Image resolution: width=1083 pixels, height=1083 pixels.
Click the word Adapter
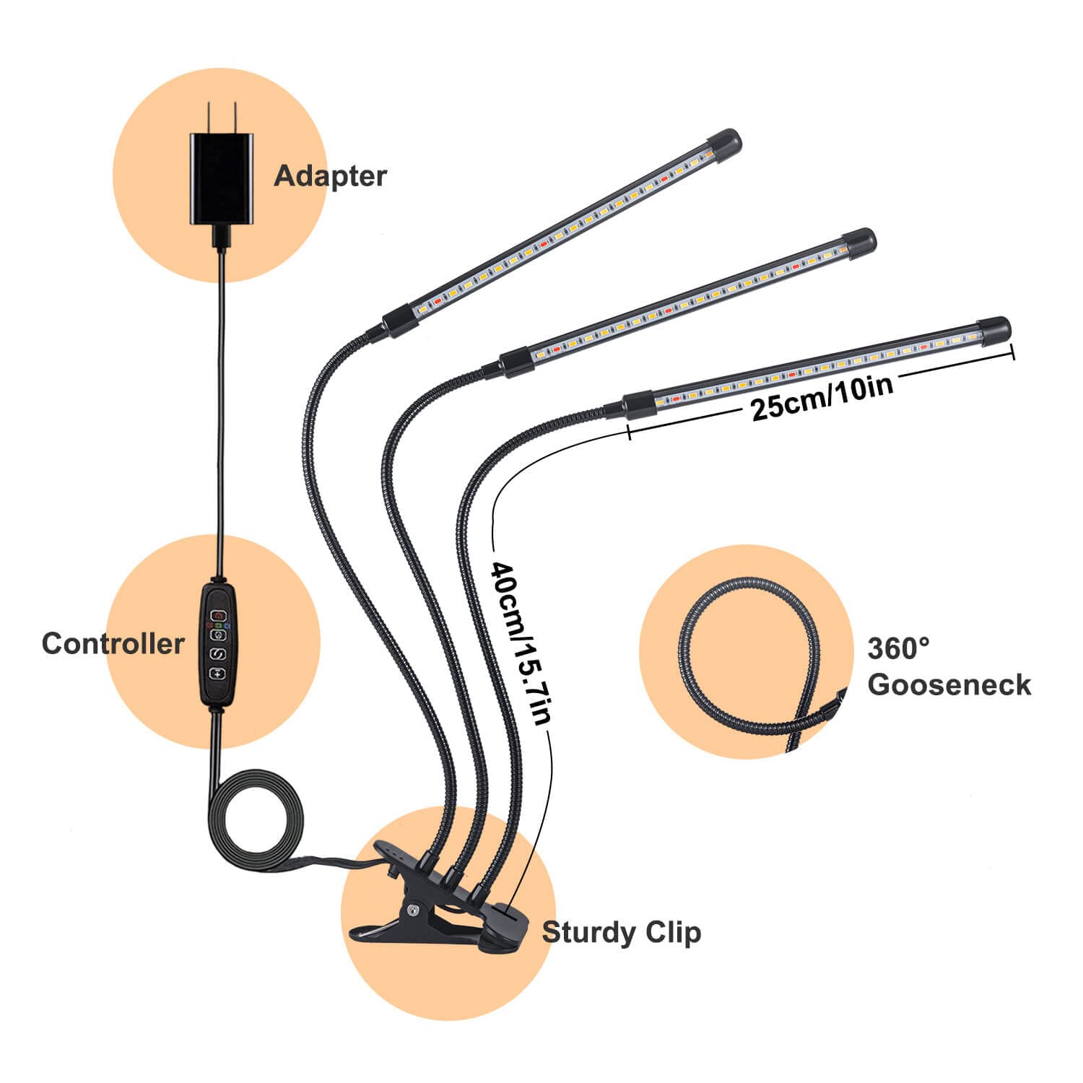tap(330, 176)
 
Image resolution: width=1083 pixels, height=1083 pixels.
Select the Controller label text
tap(113, 643)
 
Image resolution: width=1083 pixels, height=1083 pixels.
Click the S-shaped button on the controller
tap(218, 654)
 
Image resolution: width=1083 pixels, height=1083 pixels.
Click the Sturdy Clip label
tap(621, 932)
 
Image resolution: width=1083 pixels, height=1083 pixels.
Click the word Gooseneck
tap(949, 684)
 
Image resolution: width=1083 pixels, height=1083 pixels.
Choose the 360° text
tap(898, 648)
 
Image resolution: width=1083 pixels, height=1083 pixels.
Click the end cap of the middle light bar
tap(859, 240)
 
